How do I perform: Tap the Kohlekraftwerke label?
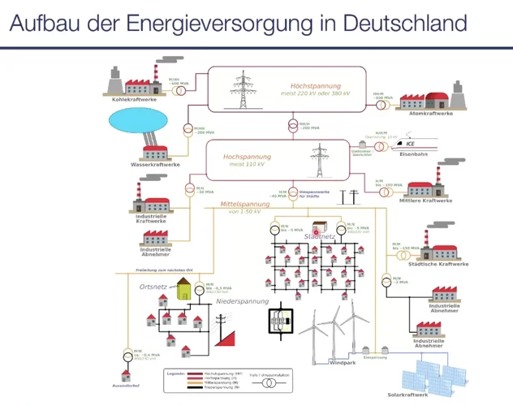click(x=129, y=100)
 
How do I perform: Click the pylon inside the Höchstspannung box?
click(x=242, y=90)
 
